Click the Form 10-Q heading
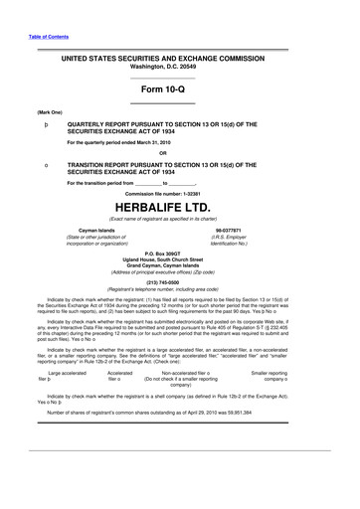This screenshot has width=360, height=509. point(179,89)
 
